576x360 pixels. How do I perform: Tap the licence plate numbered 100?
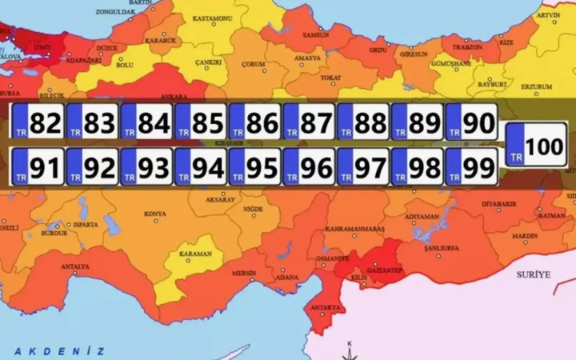[x=537, y=145]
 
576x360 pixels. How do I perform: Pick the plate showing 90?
[x=471, y=123]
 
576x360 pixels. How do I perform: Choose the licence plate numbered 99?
[x=471, y=166]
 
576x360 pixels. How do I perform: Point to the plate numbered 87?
[x=309, y=123]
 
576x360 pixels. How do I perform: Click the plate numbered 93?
[x=146, y=166]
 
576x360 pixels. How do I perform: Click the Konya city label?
[x=155, y=214]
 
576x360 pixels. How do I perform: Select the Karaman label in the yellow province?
[x=196, y=254]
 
